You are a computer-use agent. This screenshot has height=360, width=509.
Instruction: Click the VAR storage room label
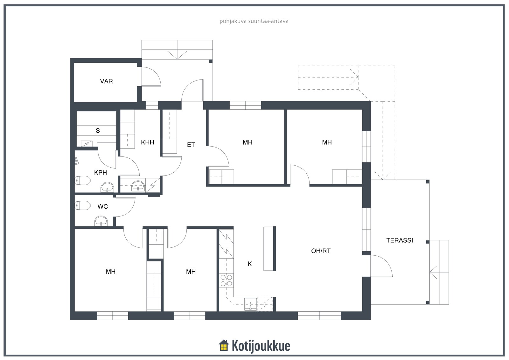point(106,81)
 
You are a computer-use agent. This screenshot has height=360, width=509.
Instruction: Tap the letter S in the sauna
point(98,131)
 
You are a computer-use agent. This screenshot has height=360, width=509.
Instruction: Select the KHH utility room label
point(148,142)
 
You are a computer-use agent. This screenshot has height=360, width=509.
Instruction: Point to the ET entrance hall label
point(191,145)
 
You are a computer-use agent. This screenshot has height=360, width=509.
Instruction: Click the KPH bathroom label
point(101,173)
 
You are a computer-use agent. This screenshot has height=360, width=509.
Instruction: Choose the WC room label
point(102,206)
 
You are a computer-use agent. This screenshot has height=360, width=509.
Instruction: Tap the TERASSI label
point(400,240)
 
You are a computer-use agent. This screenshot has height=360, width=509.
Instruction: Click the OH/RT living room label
point(321,251)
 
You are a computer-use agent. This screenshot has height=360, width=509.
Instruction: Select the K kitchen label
point(249,264)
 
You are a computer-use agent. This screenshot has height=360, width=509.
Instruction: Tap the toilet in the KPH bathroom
point(83,181)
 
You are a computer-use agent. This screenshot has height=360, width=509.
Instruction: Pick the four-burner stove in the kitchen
point(226,280)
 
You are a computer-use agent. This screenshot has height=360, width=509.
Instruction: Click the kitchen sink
point(251,304)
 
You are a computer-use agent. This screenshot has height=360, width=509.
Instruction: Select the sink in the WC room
point(101,221)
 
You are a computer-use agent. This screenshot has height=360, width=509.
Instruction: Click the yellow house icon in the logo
point(224,345)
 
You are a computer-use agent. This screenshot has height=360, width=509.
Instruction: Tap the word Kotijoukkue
point(261,346)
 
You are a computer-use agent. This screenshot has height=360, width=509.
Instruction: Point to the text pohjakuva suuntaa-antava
point(254,21)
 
